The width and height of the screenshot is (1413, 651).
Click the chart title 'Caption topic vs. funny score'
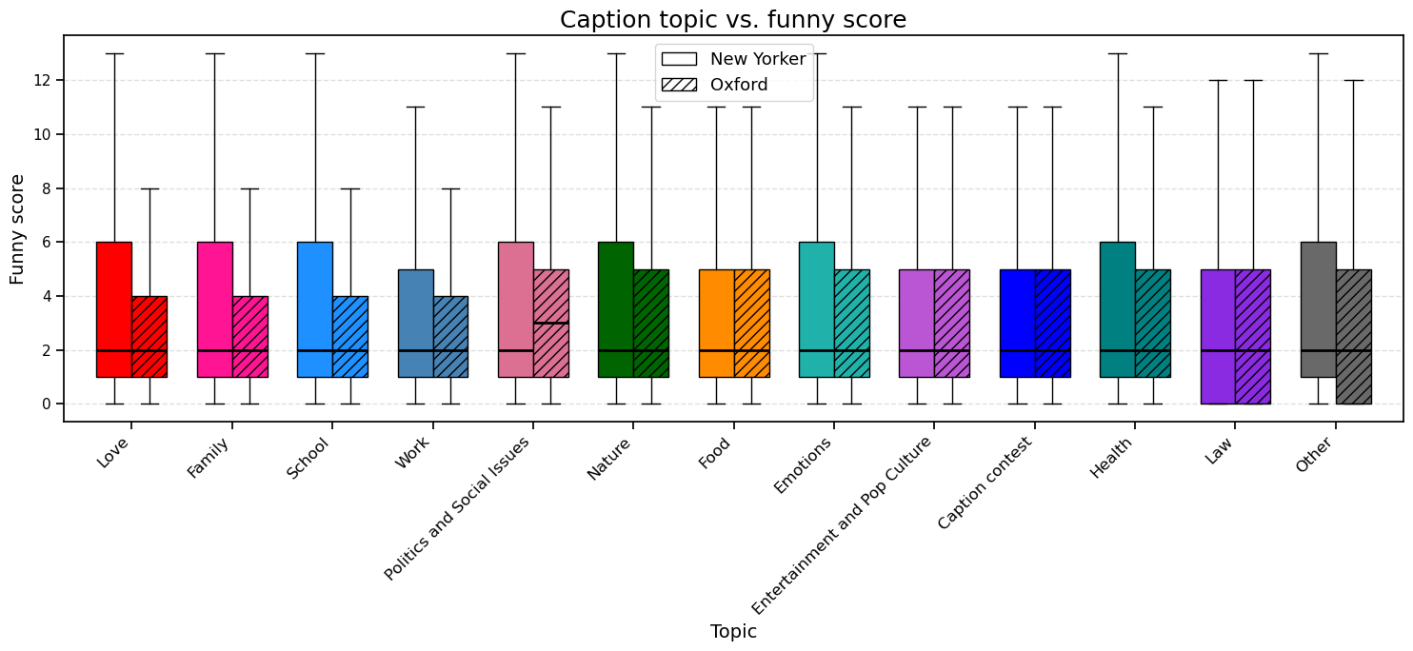point(732,20)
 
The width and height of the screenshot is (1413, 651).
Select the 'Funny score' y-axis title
point(18,229)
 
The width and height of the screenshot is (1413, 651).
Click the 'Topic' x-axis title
point(732,632)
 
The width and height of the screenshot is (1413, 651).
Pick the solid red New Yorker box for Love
point(114,309)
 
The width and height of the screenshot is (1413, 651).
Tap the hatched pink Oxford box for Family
point(249,337)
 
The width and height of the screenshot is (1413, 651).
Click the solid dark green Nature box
point(615,309)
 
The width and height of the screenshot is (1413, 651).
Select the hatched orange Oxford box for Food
point(751,324)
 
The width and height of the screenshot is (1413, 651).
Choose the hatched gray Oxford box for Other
point(1353,337)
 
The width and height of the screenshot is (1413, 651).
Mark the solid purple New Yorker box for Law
point(1218,337)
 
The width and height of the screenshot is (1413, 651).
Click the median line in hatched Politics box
point(550,324)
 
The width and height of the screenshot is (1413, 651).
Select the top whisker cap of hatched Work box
point(450,188)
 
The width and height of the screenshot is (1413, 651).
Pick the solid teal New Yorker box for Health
point(1117,309)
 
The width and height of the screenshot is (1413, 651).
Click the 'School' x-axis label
point(308,457)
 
